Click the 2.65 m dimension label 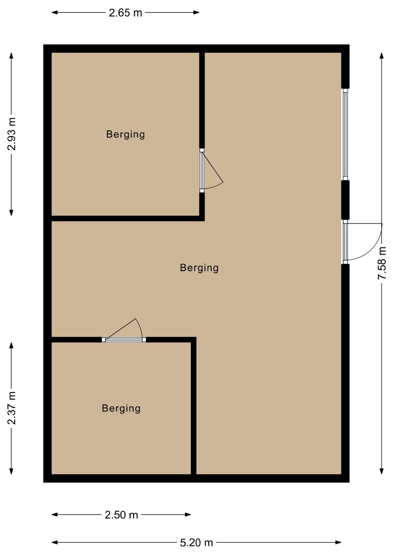pos(125,13)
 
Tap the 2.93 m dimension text pos(12,134)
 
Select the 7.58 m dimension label pos(382,263)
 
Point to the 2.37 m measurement pos(12,408)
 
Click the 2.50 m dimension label pos(121,515)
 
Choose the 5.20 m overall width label pos(197,543)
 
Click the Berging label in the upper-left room pos(126,134)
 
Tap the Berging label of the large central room pos(199,268)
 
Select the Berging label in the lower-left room pos(121,408)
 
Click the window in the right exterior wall pos(345,134)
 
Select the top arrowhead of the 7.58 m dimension pos(382,56)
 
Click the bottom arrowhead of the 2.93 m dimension pos(11,213)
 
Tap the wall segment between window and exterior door pos(345,200)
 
